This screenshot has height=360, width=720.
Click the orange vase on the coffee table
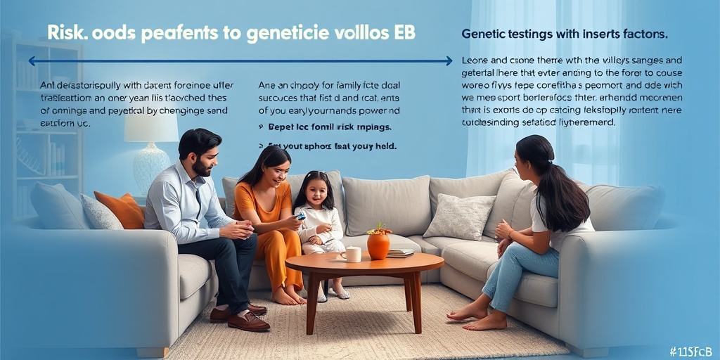pyautogui.click(x=378, y=245)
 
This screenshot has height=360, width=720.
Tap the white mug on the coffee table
pyautogui.click(x=352, y=254)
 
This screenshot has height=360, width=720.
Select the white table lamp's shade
pyautogui.click(x=151, y=127)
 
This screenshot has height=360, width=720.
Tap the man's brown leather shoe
pyautogui.click(x=247, y=321)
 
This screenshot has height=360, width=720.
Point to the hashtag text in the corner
pyautogui.click(x=691, y=351)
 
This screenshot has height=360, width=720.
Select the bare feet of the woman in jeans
pyautogui.click(x=478, y=316)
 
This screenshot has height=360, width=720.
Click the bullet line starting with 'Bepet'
pyautogui.click(x=330, y=127)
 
